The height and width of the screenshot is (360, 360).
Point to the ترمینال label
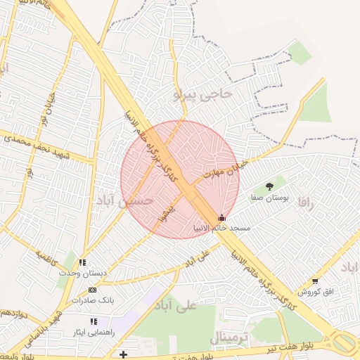229,339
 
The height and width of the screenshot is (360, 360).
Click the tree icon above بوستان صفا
269,186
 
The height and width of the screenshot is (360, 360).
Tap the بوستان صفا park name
270,198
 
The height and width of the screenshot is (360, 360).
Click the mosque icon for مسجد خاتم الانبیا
223,218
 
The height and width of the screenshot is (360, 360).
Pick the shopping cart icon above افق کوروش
315,281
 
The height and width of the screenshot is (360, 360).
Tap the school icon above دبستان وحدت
83,262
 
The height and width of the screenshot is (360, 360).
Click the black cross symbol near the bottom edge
124,354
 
